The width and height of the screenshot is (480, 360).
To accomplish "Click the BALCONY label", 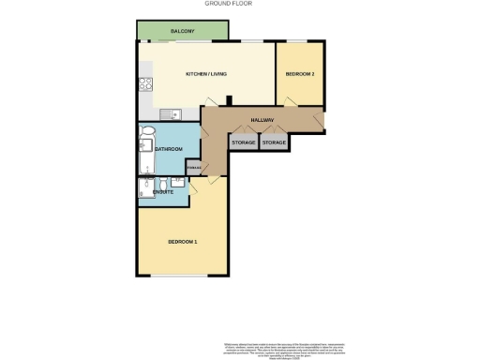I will (183, 32).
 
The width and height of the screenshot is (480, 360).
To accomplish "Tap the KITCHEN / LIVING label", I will (205, 74).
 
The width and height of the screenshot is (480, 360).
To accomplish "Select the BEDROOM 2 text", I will (300, 73).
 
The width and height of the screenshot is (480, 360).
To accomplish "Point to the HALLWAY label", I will (262, 121).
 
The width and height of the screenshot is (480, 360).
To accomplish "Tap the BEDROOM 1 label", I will (182, 242).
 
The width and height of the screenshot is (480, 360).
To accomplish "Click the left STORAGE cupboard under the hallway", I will (244, 142).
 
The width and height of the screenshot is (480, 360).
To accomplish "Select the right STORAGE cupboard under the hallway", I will (274, 142).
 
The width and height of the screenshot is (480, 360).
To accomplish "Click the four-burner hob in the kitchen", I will (144, 83).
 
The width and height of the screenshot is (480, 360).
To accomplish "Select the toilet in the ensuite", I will (178, 182).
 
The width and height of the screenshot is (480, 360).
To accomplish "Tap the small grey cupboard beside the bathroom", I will (193, 168).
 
